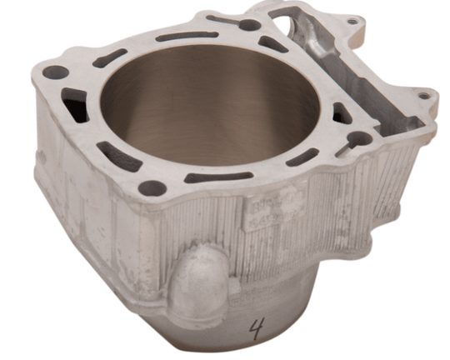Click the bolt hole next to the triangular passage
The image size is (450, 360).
[x=359, y=138]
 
